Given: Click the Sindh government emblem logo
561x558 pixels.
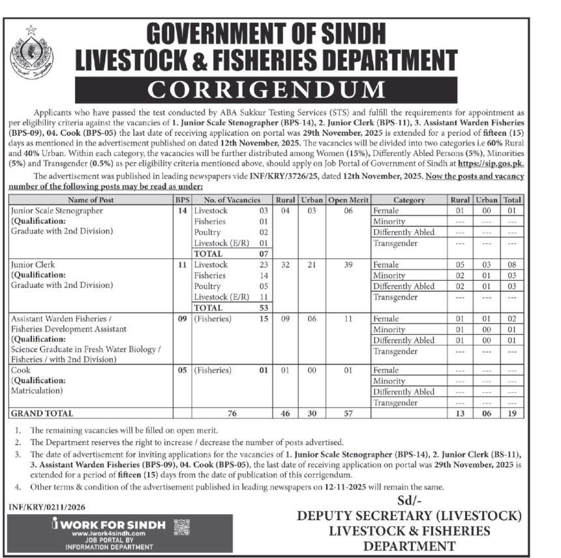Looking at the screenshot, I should pos(31,50).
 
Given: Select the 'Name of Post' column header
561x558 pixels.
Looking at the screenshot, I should pos(90,200).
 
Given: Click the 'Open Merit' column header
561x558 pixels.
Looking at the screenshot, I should pos(348,200).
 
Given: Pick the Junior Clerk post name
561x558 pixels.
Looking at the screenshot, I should pos(33,265).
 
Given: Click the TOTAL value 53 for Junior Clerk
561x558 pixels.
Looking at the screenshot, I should pos(264,307).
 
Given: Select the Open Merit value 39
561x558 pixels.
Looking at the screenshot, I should pos(348,265).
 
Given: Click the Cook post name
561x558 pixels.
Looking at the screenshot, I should pos(22,370).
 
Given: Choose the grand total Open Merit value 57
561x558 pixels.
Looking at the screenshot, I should pos(348,413).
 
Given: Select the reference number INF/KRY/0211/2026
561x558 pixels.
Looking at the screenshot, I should pos(48,506).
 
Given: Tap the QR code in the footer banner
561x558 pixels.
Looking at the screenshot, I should pos(181,527).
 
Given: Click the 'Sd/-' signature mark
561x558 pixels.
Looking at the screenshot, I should pos(409,501).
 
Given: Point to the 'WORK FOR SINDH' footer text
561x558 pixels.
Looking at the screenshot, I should pos(113,524).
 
